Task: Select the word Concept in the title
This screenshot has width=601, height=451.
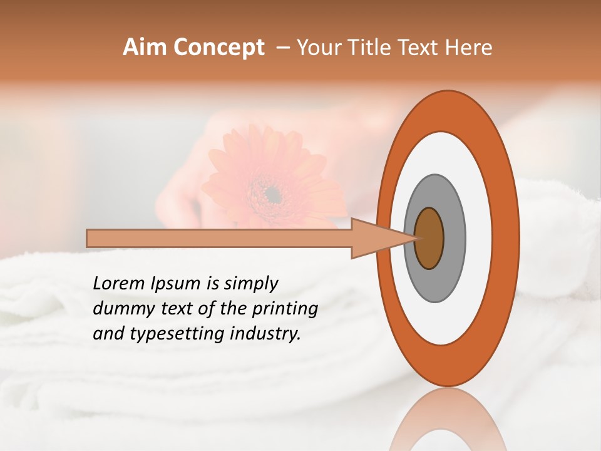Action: click(x=218, y=48)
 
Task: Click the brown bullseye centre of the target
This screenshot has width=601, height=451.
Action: click(x=429, y=238)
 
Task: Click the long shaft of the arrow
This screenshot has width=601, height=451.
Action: click(x=219, y=238)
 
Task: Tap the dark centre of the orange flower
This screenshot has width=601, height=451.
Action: click(x=272, y=195)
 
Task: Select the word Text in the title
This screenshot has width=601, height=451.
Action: click(x=421, y=48)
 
